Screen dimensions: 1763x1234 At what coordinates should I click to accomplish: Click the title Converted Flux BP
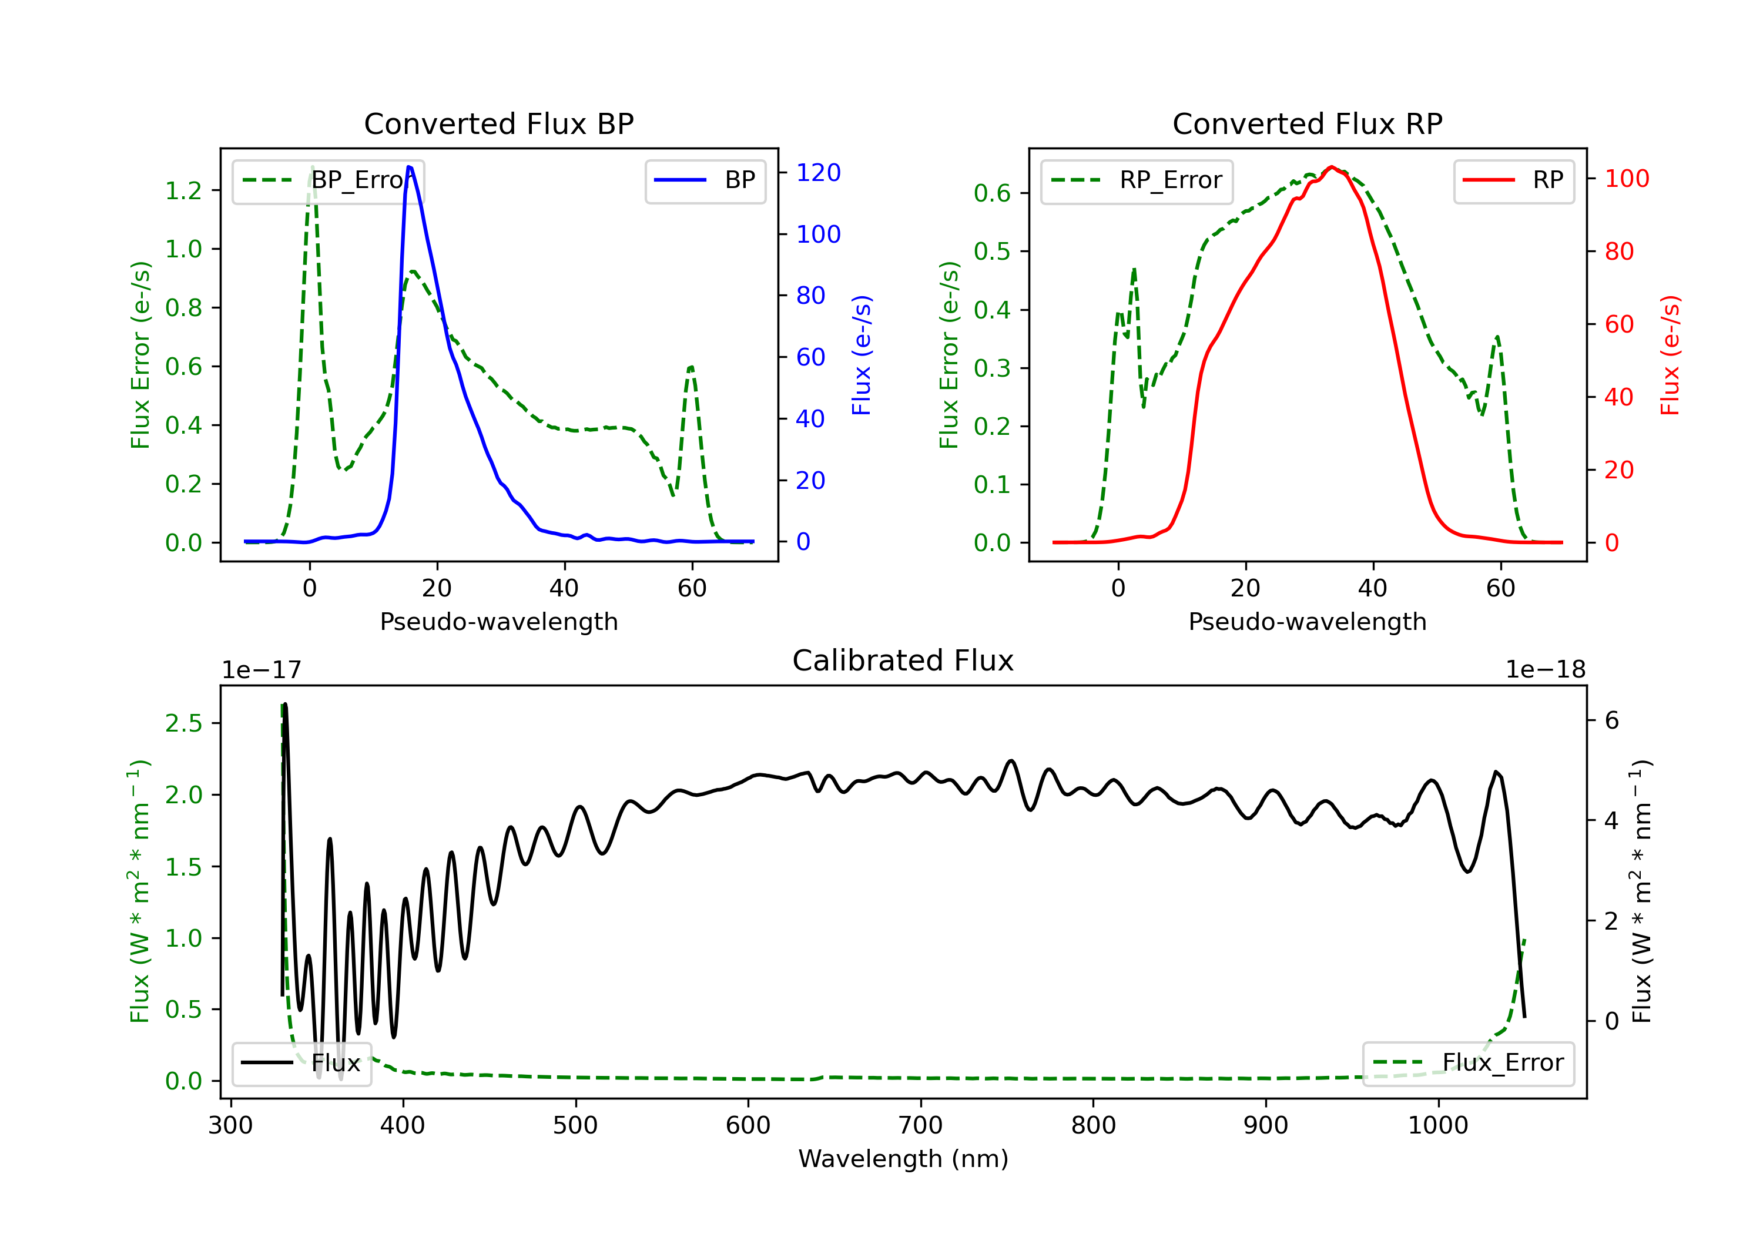(x=498, y=123)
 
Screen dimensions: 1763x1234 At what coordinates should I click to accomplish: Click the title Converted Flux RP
(x=1307, y=123)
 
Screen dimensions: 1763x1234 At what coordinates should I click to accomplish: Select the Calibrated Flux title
(x=903, y=660)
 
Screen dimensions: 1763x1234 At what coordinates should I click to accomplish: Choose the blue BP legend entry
(x=705, y=180)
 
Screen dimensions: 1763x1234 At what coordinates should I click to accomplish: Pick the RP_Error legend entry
(x=1137, y=180)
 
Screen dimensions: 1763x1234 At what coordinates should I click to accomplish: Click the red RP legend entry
(x=1513, y=180)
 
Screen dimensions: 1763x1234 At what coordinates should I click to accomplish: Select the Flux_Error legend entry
(x=1468, y=1063)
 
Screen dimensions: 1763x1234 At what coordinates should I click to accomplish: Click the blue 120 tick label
(x=819, y=173)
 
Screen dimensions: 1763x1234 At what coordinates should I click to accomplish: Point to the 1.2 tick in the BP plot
(x=183, y=190)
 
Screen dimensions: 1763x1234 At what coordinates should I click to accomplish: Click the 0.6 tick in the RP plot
(x=992, y=193)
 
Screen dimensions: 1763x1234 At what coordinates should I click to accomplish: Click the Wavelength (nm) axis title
(x=903, y=1159)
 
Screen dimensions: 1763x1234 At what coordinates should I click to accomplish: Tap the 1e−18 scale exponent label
(x=1545, y=670)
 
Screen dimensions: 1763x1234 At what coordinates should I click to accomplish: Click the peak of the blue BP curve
(x=409, y=167)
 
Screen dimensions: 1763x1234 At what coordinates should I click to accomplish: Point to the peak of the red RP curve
(x=1332, y=167)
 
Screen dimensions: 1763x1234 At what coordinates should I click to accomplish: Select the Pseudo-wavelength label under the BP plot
(x=499, y=621)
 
